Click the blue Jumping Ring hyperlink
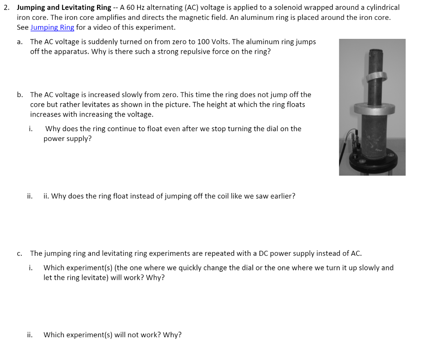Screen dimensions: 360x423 52,27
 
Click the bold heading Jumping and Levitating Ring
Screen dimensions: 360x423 64,7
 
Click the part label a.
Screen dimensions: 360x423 20,42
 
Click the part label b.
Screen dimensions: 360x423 20,95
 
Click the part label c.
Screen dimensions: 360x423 20,253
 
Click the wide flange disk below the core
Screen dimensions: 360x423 373,110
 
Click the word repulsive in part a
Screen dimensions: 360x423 194,52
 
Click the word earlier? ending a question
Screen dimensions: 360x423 282,196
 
